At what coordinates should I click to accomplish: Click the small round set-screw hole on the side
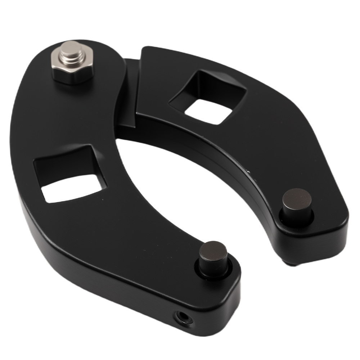182,317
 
